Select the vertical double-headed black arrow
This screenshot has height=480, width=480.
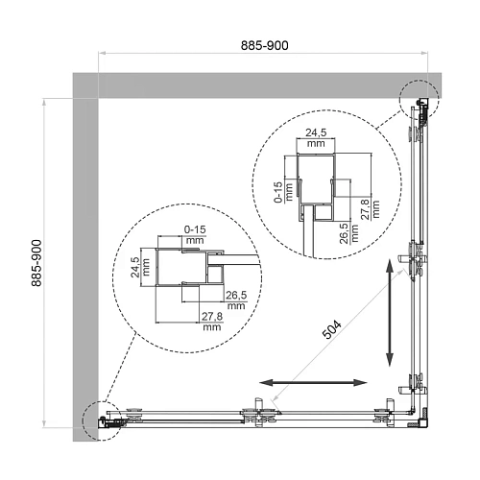[389, 314]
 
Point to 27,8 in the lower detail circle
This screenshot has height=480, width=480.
[212, 319]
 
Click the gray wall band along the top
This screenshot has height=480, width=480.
[250, 84]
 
